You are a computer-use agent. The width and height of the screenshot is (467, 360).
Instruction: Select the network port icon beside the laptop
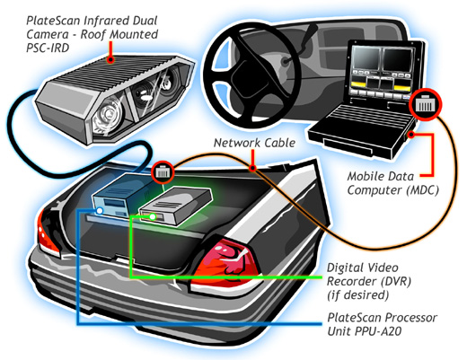tap(425, 104)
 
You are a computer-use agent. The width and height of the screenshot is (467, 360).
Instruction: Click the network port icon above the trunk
tap(163, 172)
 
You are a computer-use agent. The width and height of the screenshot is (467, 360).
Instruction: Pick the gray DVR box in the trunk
tap(176, 206)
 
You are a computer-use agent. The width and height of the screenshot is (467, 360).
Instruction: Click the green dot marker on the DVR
tap(153, 216)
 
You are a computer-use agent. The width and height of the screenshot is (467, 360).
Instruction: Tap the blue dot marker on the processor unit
tap(100, 211)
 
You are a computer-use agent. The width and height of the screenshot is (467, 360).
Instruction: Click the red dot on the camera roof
tap(110, 59)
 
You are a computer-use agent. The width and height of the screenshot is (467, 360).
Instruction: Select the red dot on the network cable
tap(252, 168)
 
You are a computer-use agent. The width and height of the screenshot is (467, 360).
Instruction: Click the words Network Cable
tap(255, 143)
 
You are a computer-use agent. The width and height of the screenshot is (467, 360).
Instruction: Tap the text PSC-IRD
tap(48, 48)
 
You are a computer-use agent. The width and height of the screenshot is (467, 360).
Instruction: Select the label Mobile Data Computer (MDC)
tap(393, 183)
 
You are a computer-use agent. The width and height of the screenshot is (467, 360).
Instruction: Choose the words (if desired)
tap(358, 295)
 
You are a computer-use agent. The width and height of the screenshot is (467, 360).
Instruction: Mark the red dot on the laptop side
tap(412, 135)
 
